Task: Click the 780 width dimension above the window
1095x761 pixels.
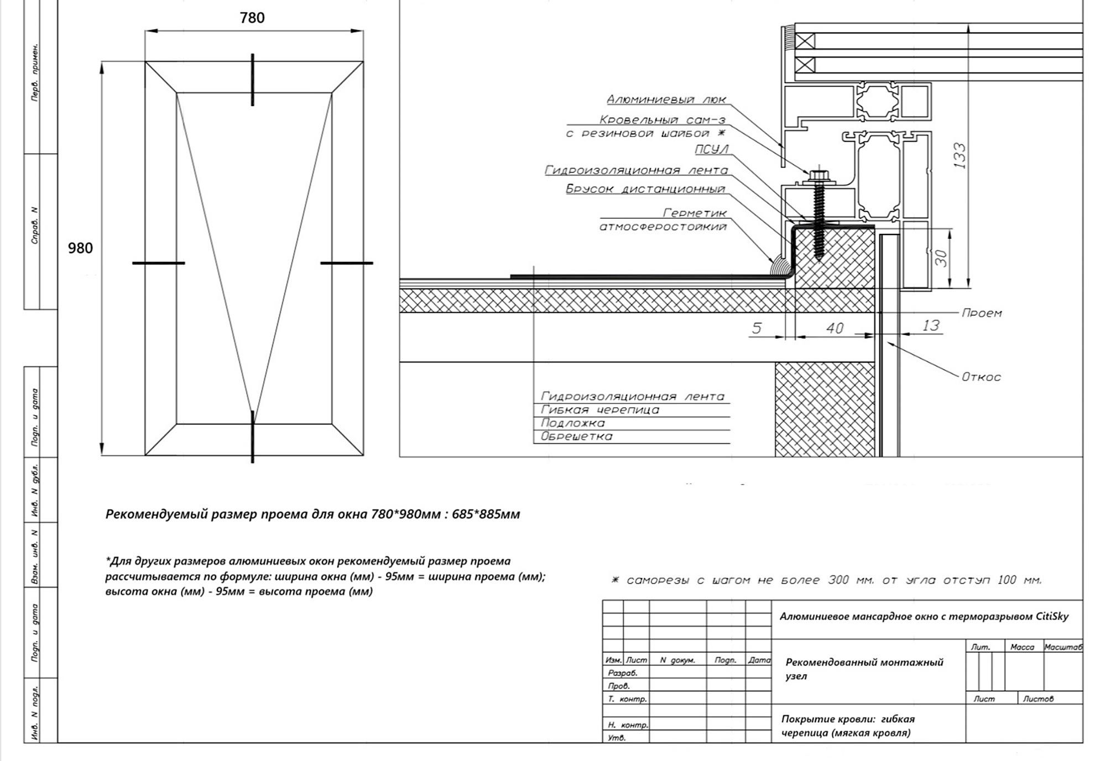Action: tap(252, 18)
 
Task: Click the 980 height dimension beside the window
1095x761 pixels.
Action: tap(80, 248)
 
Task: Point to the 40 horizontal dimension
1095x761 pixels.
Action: tap(835, 328)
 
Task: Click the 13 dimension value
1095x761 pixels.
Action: tap(931, 326)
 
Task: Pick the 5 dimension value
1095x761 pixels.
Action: tap(757, 328)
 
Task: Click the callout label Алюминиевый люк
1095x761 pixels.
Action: tap(666, 99)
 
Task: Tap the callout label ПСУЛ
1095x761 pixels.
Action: tap(712, 149)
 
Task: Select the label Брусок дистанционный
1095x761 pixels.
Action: tap(645, 189)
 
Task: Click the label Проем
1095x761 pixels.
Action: tap(982, 313)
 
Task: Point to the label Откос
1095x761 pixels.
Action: tap(981, 377)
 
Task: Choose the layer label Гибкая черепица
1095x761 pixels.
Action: tap(600, 410)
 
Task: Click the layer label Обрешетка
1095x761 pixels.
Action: tap(577, 437)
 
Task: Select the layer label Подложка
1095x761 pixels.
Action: tap(573, 423)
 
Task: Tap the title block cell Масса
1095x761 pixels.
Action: tap(1022, 647)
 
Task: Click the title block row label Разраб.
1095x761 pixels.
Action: tap(623, 673)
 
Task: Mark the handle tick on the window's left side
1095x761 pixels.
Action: tap(158, 263)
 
